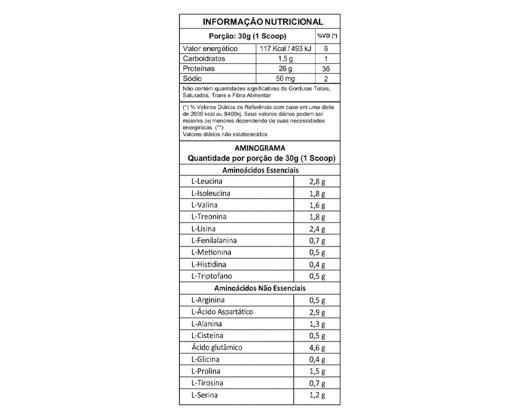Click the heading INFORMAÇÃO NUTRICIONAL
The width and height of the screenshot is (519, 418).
(263, 22)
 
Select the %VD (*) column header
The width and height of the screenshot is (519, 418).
(327, 36)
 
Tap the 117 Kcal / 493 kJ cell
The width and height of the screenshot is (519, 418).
(286, 49)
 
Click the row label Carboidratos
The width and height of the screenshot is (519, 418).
(204, 59)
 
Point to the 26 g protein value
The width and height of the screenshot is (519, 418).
(286, 69)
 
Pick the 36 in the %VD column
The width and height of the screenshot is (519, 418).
(326, 69)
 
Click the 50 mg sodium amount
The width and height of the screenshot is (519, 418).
(286, 79)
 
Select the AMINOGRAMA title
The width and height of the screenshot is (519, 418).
(260, 148)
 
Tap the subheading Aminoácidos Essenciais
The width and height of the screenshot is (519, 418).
(260, 170)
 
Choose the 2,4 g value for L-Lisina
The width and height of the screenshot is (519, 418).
(317, 229)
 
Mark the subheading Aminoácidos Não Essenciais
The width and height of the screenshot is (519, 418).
(260, 288)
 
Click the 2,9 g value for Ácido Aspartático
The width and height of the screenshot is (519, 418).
(317, 313)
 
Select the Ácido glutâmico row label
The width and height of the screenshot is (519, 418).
(216, 348)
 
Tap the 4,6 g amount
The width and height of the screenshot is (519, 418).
(317, 348)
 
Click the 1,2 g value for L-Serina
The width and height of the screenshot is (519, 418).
(317, 396)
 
